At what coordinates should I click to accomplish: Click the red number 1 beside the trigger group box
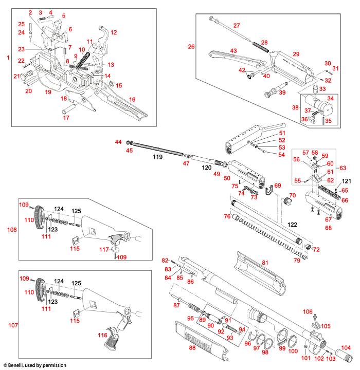7,58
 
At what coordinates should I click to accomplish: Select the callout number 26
191,47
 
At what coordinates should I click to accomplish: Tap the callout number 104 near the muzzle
346,348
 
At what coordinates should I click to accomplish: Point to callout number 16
132,99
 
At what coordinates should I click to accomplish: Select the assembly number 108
11,230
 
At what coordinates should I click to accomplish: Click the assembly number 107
11,325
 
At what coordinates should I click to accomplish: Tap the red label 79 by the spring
297,261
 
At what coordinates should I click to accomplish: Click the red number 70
293,195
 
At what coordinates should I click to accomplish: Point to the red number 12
114,32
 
